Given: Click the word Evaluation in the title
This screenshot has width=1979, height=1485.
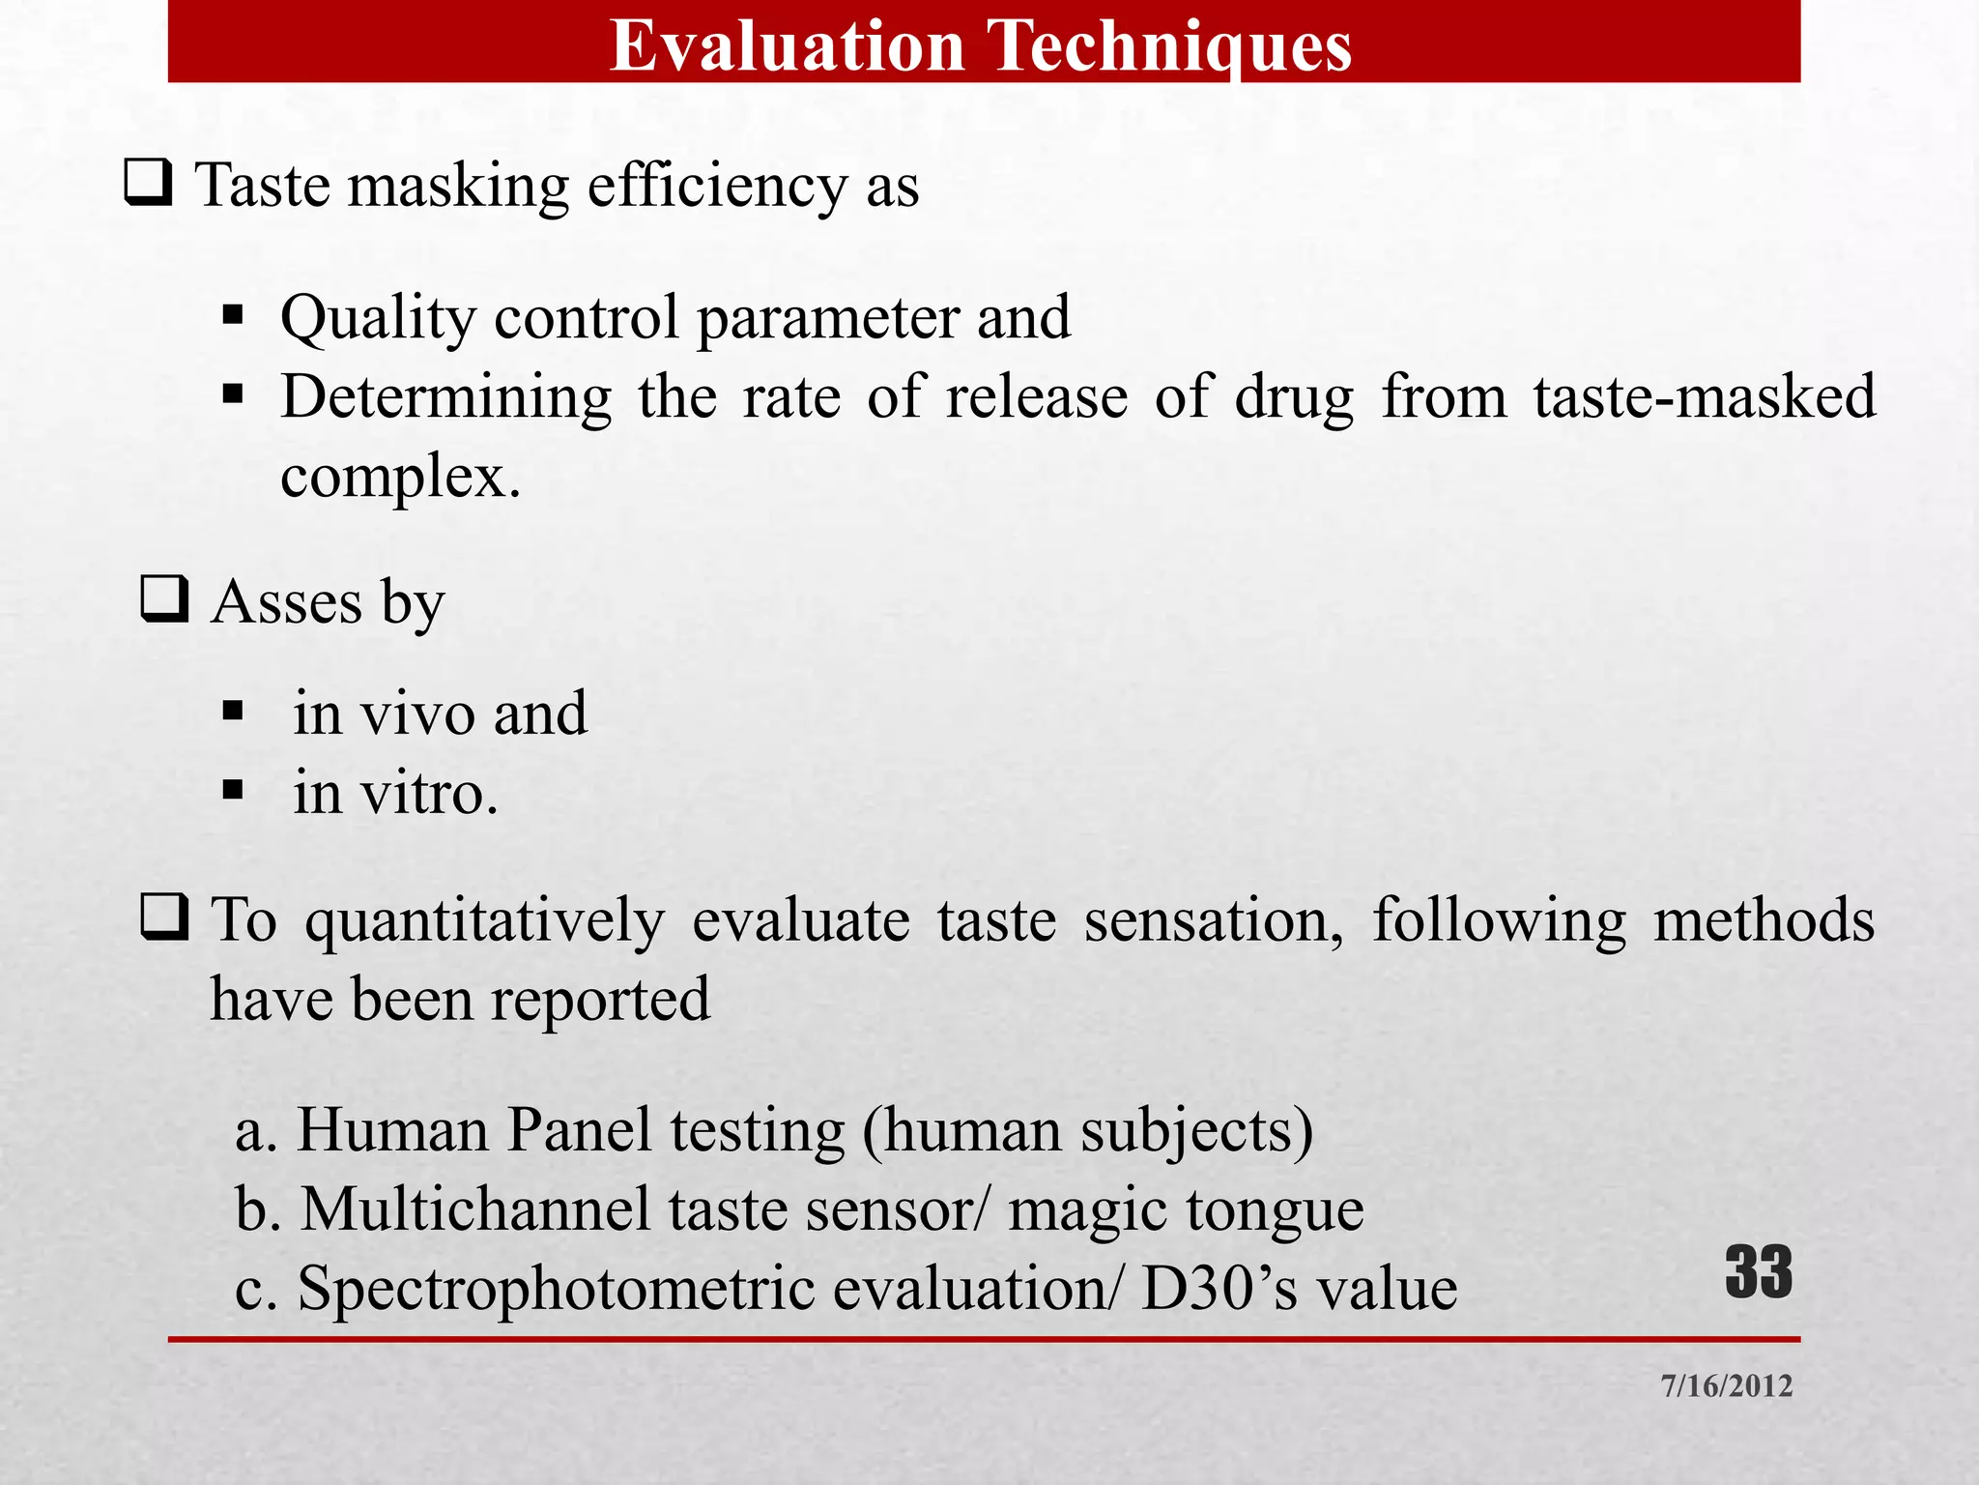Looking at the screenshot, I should (x=788, y=45).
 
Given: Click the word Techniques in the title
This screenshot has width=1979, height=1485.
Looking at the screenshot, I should (x=1171, y=45).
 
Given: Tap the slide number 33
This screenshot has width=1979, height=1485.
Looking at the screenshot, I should (x=1758, y=1272).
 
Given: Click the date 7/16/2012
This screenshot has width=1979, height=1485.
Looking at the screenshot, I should (x=1726, y=1385).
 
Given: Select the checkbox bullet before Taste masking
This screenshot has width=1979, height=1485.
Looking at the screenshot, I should (x=148, y=183).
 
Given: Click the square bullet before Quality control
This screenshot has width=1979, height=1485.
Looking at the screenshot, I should (x=232, y=315).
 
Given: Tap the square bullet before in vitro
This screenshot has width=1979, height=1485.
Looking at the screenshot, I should (x=232, y=791).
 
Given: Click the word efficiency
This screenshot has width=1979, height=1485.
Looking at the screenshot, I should (x=717, y=186).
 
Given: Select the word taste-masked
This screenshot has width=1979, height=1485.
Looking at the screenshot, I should (x=1705, y=397).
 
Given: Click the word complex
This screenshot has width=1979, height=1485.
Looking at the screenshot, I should (x=393, y=477).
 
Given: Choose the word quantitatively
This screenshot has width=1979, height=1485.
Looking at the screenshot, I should (x=485, y=920).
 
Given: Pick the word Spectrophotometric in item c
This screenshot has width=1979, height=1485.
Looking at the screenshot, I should (x=557, y=1290).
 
